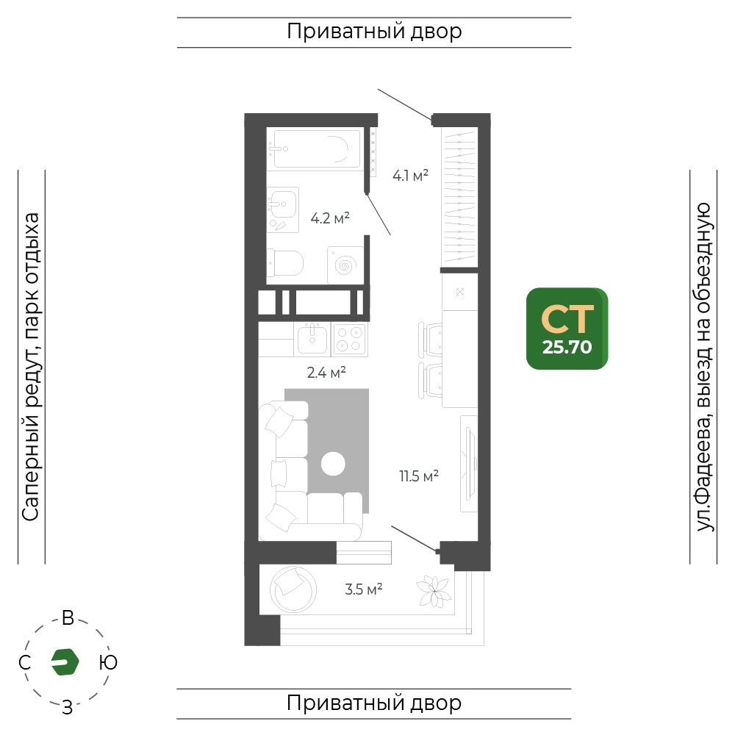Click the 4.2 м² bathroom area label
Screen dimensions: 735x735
pyautogui.click(x=330, y=218)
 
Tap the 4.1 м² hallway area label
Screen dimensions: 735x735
pyautogui.click(x=410, y=176)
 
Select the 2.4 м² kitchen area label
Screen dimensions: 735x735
pyautogui.click(x=326, y=373)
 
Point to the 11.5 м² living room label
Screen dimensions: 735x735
pyautogui.click(x=419, y=476)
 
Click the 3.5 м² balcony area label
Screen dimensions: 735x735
pyautogui.click(x=363, y=589)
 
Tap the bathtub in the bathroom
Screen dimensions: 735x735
pyautogui.click(x=316, y=148)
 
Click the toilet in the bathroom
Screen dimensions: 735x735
pyautogui.click(x=285, y=263)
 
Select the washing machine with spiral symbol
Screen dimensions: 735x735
pyautogui.click(x=345, y=265)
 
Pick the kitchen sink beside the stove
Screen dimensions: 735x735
pyautogui.click(x=312, y=338)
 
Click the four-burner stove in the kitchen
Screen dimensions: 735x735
pyautogui.click(x=349, y=339)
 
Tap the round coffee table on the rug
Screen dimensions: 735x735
pyautogui.click(x=333, y=464)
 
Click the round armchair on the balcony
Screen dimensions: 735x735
pyautogui.click(x=293, y=589)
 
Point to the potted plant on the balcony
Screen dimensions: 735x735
pyautogui.click(x=434, y=592)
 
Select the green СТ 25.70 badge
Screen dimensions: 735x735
pyautogui.click(x=567, y=329)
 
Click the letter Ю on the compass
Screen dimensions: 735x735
pyautogui.click(x=108, y=663)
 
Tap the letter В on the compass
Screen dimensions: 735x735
pyautogui.click(x=68, y=618)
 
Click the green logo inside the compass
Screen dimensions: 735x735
pyautogui.click(x=65, y=662)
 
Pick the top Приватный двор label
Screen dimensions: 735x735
pyautogui.click(x=374, y=32)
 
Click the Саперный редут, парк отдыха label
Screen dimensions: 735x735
pyautogui.click(x=30, y=367)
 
